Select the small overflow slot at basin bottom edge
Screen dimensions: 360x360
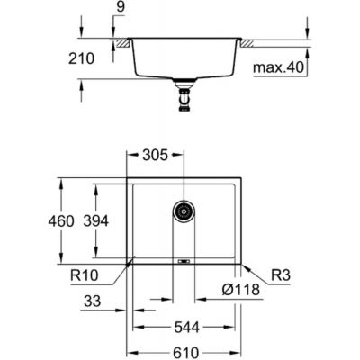[x=184, y=262]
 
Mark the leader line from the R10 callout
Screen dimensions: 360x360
[x=126, y=265]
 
